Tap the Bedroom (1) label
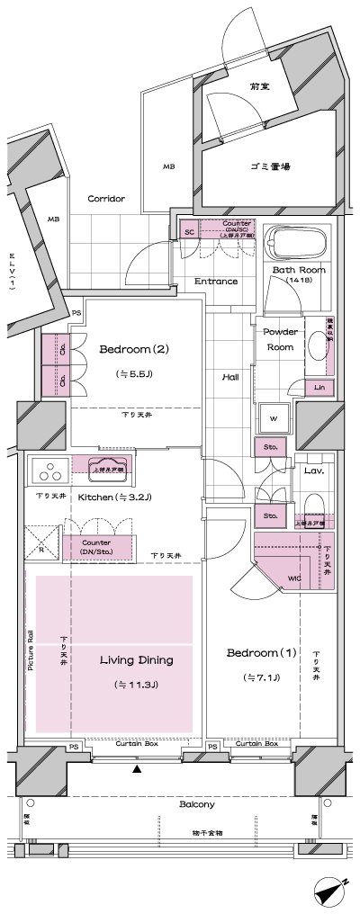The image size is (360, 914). pos(251,651)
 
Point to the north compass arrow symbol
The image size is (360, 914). pos(330,893)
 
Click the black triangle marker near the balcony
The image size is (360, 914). pos(137,769)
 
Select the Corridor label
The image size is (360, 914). pos(106,199)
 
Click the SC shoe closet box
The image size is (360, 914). pos(190,231)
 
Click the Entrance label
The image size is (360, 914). pos(216,282)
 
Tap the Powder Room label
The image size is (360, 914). pos(280,338)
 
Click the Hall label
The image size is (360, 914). pos(230,377)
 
